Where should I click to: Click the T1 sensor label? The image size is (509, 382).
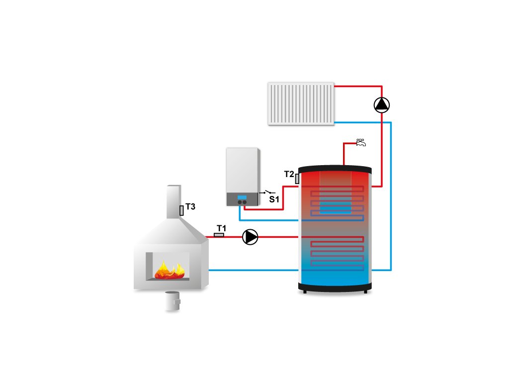221,228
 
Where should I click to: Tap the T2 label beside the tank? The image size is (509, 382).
289,174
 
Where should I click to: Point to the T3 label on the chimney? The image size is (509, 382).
190,206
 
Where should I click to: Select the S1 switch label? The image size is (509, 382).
274,199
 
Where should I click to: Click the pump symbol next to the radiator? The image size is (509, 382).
381,104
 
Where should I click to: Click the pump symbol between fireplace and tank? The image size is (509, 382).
250,237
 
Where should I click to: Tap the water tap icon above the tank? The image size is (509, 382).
361,142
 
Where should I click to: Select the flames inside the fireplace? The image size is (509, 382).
169,271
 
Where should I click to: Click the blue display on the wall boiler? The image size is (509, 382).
242,197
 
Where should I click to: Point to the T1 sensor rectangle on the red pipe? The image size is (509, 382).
219,234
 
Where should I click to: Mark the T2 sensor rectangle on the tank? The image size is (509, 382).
297,178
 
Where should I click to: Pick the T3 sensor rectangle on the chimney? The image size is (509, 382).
181,210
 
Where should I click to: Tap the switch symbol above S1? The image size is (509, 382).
268,192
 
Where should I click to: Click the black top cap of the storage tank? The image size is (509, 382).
335,167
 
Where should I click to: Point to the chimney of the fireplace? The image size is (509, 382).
173,199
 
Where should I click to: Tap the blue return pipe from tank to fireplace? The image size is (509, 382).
254,270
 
